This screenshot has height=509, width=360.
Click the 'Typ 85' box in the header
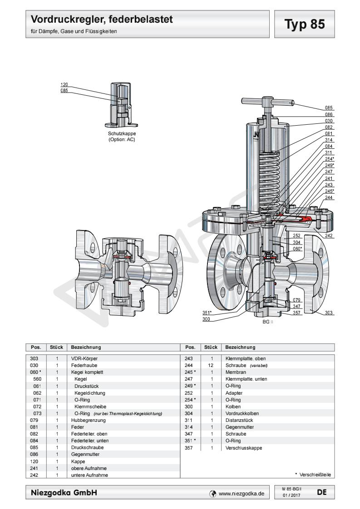click(x=305, y=25)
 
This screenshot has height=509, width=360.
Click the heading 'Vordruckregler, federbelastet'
click(x=102, y=20)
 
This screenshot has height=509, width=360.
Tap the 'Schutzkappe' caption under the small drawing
click(x=121, y=134)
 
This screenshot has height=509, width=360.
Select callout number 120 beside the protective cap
click(x=64, y=85)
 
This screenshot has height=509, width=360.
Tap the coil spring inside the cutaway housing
click(x=271, y=177)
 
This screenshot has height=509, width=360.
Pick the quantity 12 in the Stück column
click(x=212, y=365)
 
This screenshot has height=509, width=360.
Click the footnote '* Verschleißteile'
click(x=313, y=475)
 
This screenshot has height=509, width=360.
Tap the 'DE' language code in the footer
click(x=321, y=491)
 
